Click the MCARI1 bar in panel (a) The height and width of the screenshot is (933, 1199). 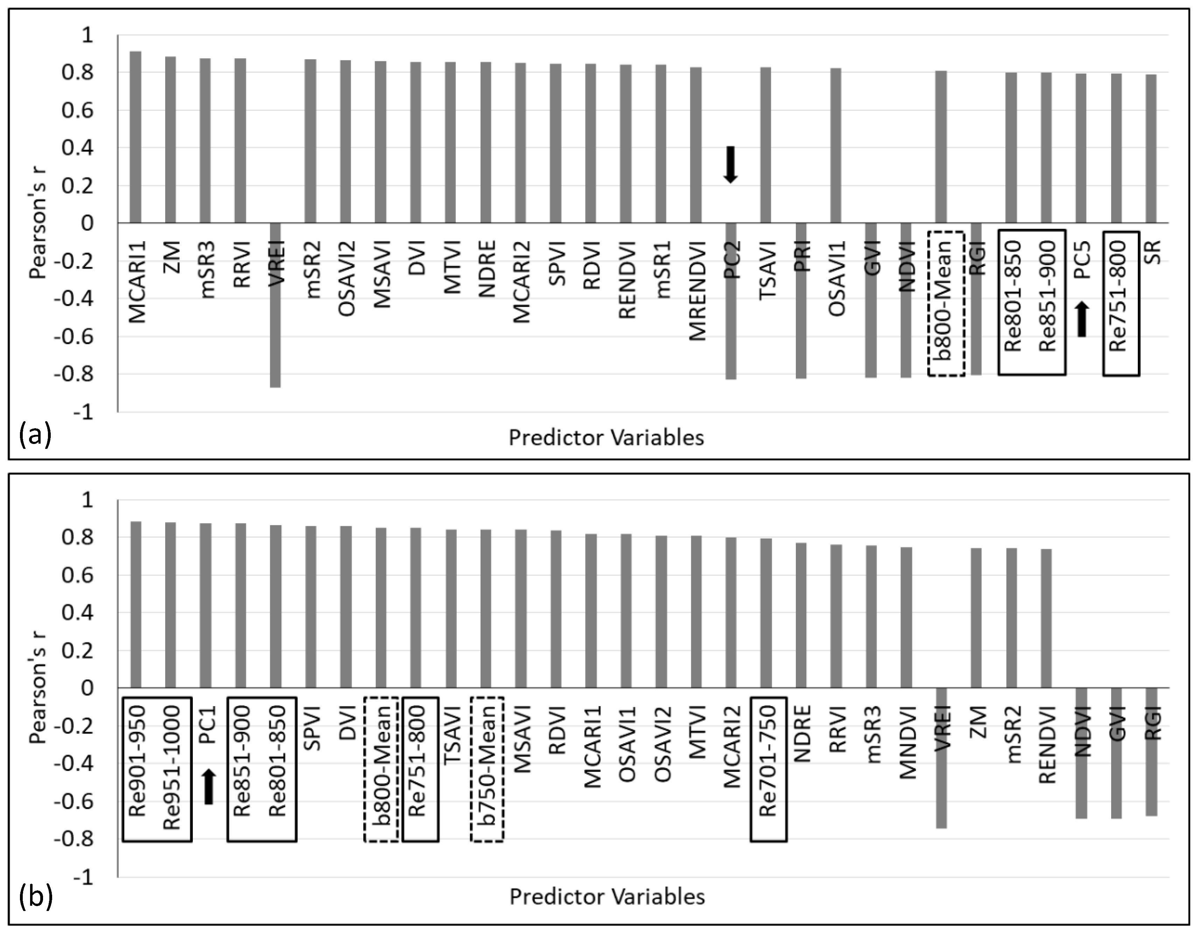(135, 137)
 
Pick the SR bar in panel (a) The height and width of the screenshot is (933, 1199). (1151, 148)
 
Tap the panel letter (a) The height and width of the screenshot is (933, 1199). (35, 435)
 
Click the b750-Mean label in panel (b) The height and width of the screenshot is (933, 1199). (487, 769)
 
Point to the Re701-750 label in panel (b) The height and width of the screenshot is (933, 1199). (768, 769)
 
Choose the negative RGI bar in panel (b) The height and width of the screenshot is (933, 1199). (1152, 752)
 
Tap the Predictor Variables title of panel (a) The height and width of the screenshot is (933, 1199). (606, 438)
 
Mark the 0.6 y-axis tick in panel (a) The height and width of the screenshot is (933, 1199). (77, 110)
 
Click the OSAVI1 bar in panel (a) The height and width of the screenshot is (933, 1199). (836, 145)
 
